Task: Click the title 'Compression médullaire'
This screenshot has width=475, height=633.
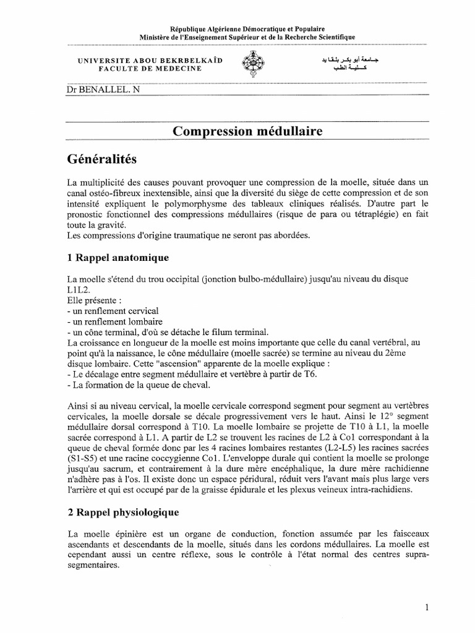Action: click(x=247, y=131)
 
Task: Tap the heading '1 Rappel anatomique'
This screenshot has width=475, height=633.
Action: click(x=117, y=257)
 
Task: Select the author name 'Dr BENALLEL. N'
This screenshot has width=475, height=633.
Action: click(x=98, y=88)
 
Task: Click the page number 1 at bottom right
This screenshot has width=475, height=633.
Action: click(x=427, y=608)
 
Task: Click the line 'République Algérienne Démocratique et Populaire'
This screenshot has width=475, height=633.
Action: click(x=247, y=29)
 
